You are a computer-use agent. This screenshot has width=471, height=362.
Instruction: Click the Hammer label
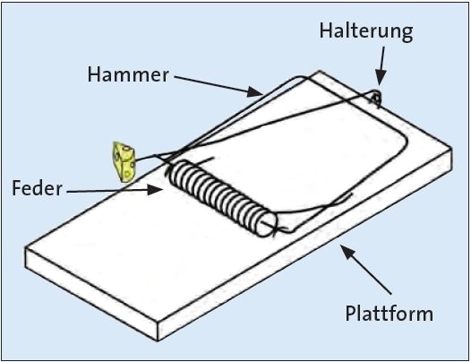[128, 74]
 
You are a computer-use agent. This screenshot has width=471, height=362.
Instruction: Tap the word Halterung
[366, 31]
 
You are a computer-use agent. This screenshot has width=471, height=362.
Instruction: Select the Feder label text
[37, 188]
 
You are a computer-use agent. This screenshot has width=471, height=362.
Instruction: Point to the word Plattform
[389, 313]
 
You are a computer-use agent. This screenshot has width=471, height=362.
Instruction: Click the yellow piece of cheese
[124, 162]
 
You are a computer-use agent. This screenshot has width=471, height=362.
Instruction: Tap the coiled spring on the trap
[222, 198]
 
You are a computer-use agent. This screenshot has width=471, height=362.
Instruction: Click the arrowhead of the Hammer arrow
[254, 91]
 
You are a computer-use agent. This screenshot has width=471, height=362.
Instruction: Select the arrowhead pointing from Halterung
[380, 78]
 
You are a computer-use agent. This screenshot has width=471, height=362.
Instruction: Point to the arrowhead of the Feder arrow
[156, 190]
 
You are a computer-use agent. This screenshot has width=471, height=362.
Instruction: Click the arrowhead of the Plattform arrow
[347, 252]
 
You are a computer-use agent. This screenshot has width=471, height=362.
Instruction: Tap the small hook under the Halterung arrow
[376, 98]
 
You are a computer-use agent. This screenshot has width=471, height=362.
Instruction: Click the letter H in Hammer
[93, 74]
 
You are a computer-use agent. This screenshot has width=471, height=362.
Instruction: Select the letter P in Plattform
[350, 313]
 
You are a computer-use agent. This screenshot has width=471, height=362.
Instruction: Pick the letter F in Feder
[16, 188]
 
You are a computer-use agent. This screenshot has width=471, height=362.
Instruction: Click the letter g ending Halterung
[407, 34]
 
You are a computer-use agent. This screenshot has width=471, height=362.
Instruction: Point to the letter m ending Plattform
[424, 315]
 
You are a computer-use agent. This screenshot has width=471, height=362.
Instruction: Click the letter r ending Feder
[58, 191]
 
